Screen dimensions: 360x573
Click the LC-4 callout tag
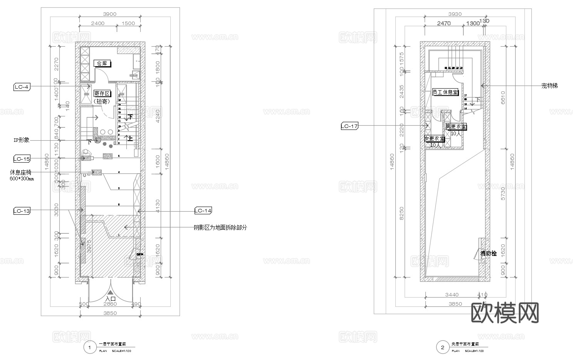pos(22,87)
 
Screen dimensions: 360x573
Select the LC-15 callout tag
pos(22,158)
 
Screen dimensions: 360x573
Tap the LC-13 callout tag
pos(22,211)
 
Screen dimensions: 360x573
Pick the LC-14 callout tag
pos(203,210)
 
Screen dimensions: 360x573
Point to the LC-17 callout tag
pos(350,126)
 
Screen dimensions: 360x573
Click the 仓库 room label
pos(102,63)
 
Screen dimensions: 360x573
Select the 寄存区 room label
pos(102,94)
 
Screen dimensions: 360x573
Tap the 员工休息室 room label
pos(445,93)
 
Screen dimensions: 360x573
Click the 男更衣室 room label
pos(456,126)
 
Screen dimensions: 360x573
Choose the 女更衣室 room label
pos(434,139)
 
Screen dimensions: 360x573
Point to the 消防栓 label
pos(489,254)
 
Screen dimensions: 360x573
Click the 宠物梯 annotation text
pos(549,86)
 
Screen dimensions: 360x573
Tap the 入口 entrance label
pos(111,299)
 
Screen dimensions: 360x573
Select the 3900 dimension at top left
pos(110,14)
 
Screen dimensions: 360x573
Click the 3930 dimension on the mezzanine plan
pos(455,14)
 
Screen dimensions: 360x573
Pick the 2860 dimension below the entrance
pos(110,304)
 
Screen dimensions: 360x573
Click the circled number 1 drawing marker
pos(90,348)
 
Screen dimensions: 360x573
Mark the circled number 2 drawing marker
pos(442,348)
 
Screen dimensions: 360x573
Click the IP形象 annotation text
pos(21,140)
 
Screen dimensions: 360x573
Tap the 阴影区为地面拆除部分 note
pos(220,227)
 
